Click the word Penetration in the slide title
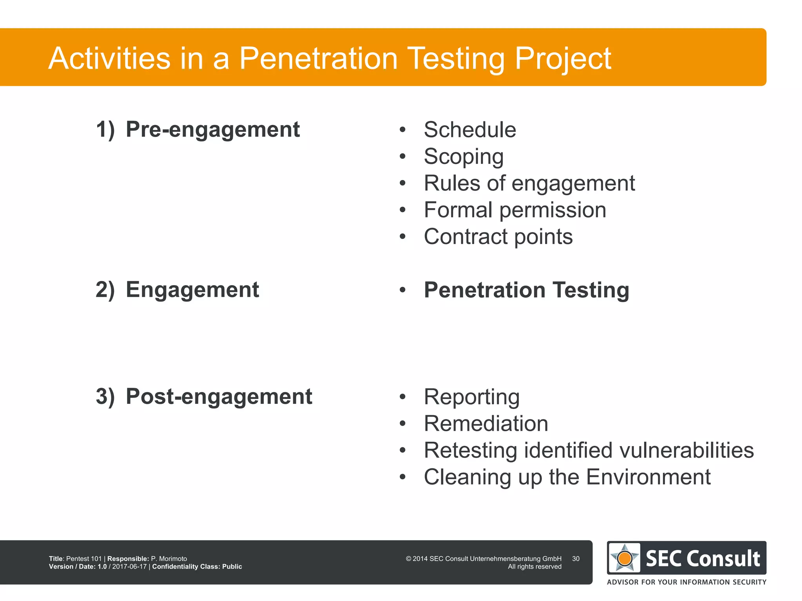point(318,58)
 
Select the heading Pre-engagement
point(212,130)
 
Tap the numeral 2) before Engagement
point(105,290)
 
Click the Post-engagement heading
point(219,397)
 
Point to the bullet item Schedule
point(470,130)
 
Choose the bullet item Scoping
point(463,157)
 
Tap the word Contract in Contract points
point(466,237)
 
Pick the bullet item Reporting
point(471,397)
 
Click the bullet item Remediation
point(486,424)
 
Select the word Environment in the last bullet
point(648,477)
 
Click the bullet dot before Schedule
point(403,130)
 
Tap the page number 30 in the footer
point(575,559)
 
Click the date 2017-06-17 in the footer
point(129,567)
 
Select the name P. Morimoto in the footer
point(169,559)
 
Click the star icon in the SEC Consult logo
point(625,558)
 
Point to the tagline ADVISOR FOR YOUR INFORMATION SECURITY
point(686,582)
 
